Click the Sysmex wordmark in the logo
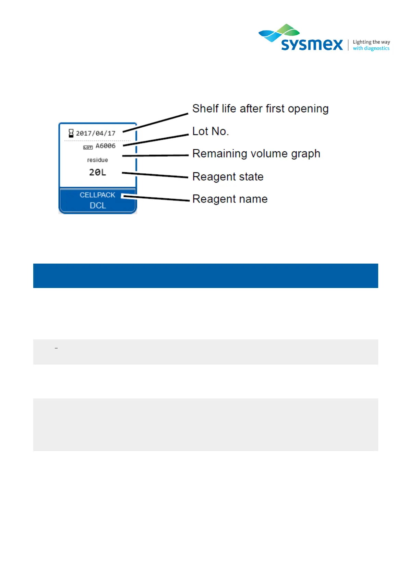pyautogui.click(x=312, y=45)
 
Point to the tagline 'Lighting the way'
pyautogui.click(x=371, y=42)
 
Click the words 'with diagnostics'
pyautogui.click(x=371, y=48)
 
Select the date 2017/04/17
pyautogui.click(x=96, y=133)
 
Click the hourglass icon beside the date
pyautogui.click(x=71, y=133)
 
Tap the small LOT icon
pyautogui.click(x=88, y=147)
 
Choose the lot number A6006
pyautogui.click(x=106, y=146)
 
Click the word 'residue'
pyautogui.click(x=97, y=160)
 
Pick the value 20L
pyautogui.click(x=98, y=172)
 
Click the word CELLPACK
pyautogui.click(x=97, y=195)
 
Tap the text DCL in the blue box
pyautogui.click(x=98, y=206)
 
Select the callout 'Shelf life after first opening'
pyautogui.click(x=260, y=109)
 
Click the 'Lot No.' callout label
pyautogui.click(x=210, y=131)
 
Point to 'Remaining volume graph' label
pyautogui.click(x=256, y=154)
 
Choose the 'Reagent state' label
pyautogui.click(x=228, y=177)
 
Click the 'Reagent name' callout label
pyautogui.click(x=230, y=199)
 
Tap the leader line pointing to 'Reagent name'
pyautogui.click(x=156, y=198)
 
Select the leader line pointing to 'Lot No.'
pyautogui.click(x=156, y=140)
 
